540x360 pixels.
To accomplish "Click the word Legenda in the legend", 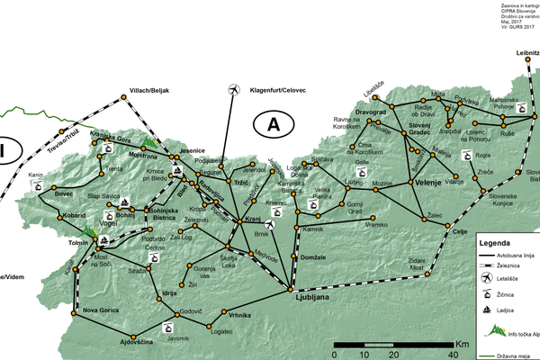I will point(496,243).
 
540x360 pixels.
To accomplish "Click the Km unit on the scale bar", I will point(462,344).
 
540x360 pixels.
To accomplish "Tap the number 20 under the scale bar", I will point(392,354).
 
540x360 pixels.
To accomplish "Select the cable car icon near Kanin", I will point(39,184).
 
